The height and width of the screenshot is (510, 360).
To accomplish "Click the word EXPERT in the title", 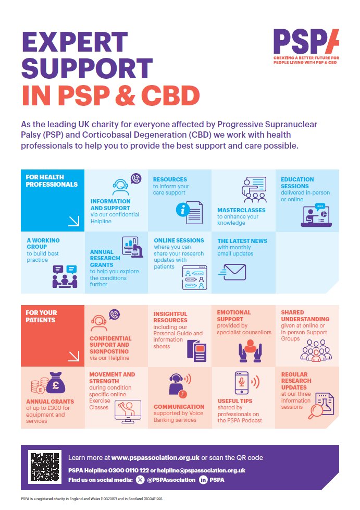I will coord(75,42).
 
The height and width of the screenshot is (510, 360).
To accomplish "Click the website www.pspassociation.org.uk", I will coord(155,457).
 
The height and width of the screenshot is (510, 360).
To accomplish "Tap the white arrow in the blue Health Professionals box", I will coord(73,221).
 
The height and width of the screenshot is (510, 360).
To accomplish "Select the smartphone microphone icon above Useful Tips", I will coord(242,384).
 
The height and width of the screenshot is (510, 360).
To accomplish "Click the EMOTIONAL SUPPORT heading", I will coord(234,315).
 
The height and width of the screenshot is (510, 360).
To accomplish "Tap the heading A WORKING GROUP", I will coord(43,244).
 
